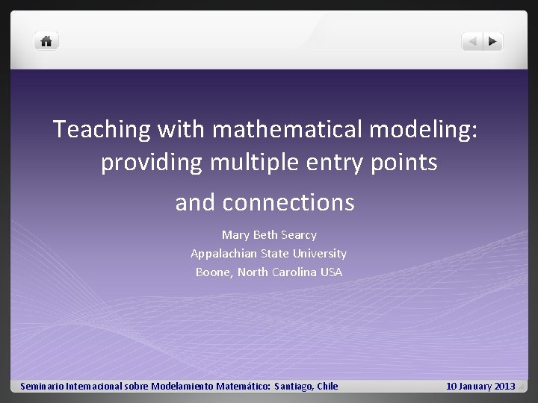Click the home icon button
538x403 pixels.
(x=46, y=42)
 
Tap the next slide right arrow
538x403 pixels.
(x=493, y=42)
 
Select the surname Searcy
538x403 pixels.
(x=298, y=235)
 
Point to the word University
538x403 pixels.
(x=320, y=254)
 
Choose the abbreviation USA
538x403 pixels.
(x=330, y=272)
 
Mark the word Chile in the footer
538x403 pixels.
(x=328, y=387)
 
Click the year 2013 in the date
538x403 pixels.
(x=504, y=387)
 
